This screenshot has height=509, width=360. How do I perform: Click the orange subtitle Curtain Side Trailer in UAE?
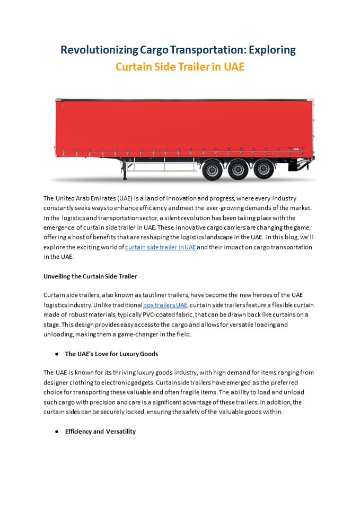pyautogui.click(x=180, y=67)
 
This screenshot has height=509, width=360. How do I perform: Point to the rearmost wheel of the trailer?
pyautogui.click(x=264, y=169)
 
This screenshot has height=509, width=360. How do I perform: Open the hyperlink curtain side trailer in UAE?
pyautogui.click(x=161, y=247)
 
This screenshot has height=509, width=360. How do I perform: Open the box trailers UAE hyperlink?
pyautogui.click(x=165, y=305)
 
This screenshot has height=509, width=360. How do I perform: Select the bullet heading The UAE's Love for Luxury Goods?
pyautogui.click(x=111, y=354)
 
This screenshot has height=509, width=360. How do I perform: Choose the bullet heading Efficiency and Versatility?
pyautogui.click(x=100, y=432)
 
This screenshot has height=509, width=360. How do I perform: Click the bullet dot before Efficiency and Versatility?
pyautogui.click(x=57, y=432)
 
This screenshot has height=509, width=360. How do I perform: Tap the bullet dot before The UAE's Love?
pyautogui.click(x=57, y=354)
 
